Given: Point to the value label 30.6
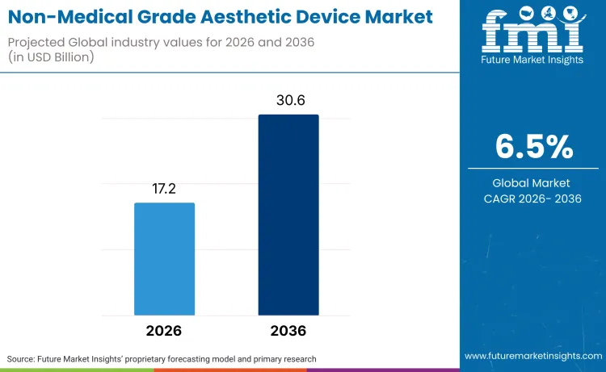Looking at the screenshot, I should click(x=288, y=101).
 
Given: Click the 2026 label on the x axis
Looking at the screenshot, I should click(x=164, y=331).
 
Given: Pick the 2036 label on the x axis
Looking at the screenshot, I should click(x=288, y=331).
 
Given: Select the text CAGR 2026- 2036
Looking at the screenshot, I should click(x=533, y=199).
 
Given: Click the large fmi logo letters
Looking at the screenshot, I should click(x=532, y=31).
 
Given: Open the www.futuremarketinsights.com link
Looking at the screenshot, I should click(x=532, y=356).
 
